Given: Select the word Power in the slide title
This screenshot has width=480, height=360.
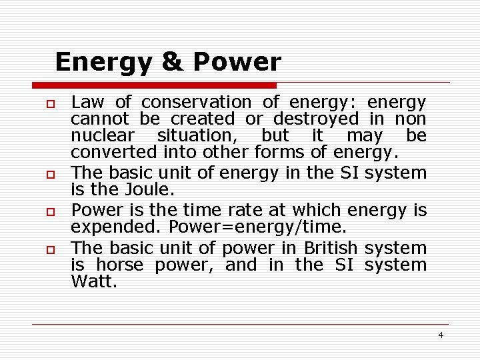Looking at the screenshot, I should point(237,62).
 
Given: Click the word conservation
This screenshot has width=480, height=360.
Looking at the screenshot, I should point(197,103).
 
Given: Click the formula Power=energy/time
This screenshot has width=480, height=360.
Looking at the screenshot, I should point(258,227).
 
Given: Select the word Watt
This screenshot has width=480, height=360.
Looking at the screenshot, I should point(93,281).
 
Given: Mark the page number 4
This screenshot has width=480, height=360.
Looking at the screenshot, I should point(441,335).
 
